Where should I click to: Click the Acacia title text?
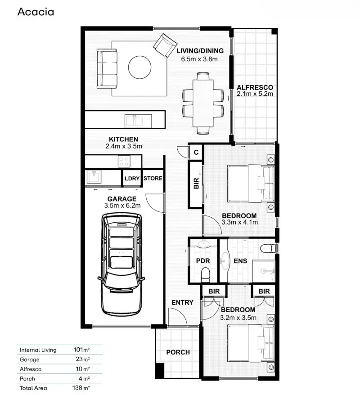click(x=36, y=12)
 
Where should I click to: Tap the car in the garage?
click(x=121, y=265)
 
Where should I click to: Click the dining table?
click(x=203, y=103)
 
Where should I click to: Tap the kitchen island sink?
click(x=134, y=121)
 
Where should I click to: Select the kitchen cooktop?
click(x=124, y=161)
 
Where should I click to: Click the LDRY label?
click(x=132, y=179)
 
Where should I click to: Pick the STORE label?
click(x=153, y=179)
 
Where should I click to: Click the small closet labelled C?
click(x=196, y=152)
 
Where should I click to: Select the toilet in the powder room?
click(x=206, y=274)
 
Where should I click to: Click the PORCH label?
click(x=178, y=352)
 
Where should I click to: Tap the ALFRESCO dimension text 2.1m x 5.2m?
click(x=255, y=94)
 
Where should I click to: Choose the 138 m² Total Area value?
click(x=81, y=387)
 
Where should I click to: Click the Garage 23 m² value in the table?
click(x=81, y=359)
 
